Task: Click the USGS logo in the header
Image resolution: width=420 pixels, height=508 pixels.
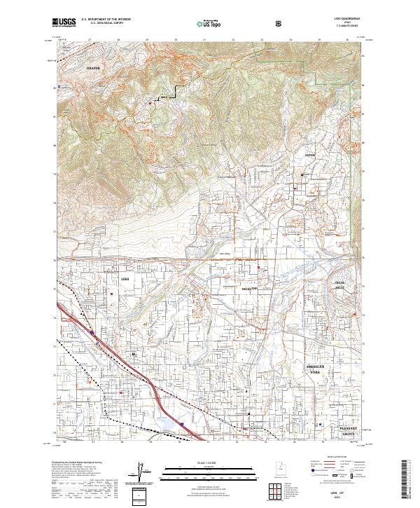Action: click(x=64, y=22)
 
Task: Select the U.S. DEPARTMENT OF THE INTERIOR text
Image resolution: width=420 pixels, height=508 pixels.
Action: click(x=106, y=20)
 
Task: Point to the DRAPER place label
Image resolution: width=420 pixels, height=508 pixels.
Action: click(x=94, y=68)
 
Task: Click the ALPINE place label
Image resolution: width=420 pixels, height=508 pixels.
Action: click(x=311, y=155)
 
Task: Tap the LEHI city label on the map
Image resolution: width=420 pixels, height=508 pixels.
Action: click(x=126, y=279)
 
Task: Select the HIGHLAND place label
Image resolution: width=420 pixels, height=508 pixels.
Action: click(x=250, y=289)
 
